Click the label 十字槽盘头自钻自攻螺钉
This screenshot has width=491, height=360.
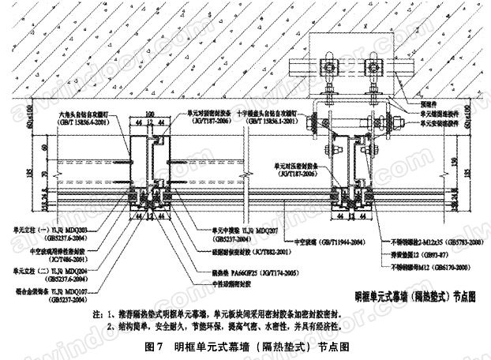(261, 114)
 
